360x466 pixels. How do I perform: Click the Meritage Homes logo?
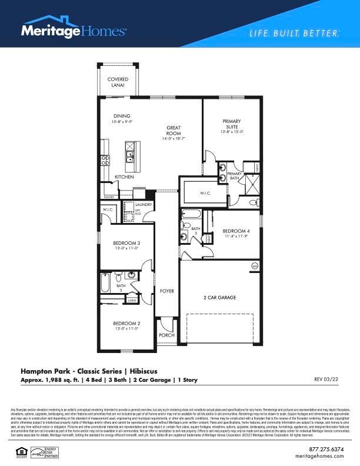[x=74, y=30]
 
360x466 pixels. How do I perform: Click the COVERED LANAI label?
[x=118, y=82]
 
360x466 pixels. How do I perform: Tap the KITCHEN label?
[x=124, y=177]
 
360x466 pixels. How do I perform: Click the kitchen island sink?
[x=129, y=157]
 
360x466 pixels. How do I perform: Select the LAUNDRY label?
[x=144, y=205]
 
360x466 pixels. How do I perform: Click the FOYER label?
[x=168, y=291]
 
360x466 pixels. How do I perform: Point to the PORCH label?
[x=166, y=335]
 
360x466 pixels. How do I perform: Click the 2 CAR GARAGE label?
[x=220, y=298]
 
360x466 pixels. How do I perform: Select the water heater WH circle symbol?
[x=255, y=266]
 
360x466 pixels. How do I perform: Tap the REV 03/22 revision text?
[x=326, y=380]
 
